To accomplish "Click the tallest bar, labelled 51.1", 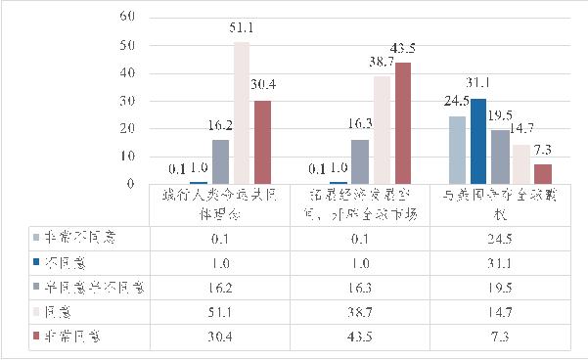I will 241,112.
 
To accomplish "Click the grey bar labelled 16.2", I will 221,161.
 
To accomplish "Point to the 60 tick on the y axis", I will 124,18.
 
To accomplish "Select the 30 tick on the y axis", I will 124,101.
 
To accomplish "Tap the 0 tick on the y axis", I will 128,184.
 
